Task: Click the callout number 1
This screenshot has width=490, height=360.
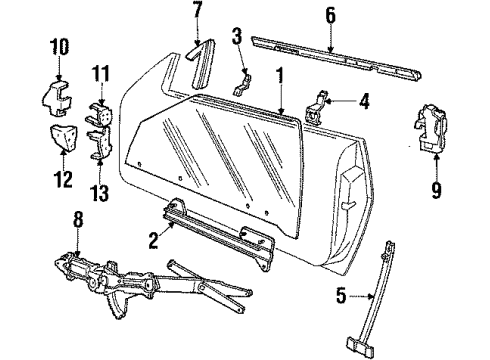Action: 281,74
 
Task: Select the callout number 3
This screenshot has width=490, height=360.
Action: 236,39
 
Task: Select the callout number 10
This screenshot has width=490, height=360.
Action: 59,47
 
